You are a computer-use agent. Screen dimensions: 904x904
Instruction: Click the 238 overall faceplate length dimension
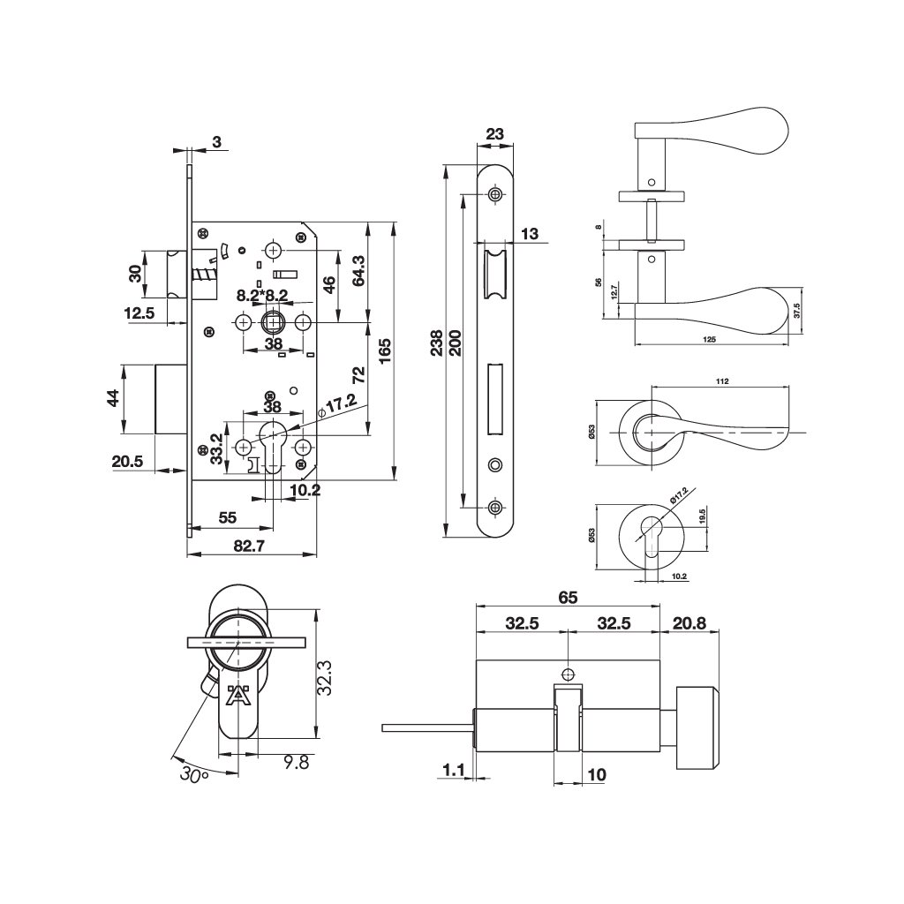pos(436,349)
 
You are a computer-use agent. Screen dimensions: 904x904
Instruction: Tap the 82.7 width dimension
pos(250,546)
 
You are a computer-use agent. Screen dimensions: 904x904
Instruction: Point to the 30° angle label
pos(192,773)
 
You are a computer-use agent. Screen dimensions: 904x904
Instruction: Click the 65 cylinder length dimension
pos(568,598)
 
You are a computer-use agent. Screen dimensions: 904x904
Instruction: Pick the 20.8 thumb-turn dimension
pos(689,622)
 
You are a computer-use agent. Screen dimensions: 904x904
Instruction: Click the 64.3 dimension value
pos(358,272)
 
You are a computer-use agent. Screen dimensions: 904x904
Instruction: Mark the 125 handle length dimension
pos(710,339)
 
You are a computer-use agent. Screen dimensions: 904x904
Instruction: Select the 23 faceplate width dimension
pos(495,134)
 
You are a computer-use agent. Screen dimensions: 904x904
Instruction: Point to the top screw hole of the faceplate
pos(494,193)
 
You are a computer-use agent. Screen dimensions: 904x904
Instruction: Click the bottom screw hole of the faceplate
pos(494,507)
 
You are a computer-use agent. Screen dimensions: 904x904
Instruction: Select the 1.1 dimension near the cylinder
pos(454,771)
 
